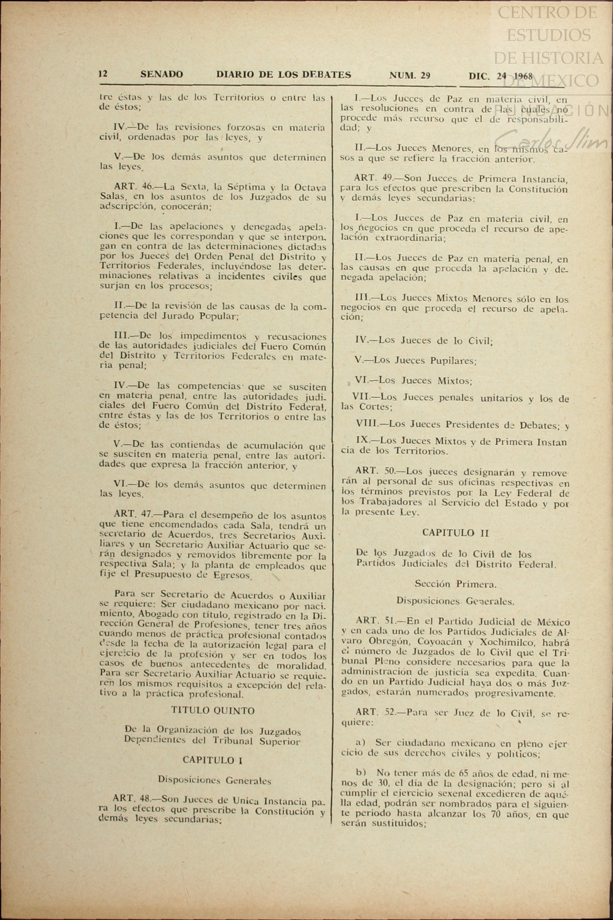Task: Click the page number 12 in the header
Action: click(103, 74)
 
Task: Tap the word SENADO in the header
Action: click(162, 74)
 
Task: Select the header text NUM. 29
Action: click(410, 75)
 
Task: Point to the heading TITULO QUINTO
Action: click(213, 711)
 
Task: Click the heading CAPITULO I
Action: click(213, 760)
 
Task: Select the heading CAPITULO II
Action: click(455, 533)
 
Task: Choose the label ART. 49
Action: click(374, 179)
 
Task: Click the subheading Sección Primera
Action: click(455, 584)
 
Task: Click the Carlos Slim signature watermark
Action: click(551, 141)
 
